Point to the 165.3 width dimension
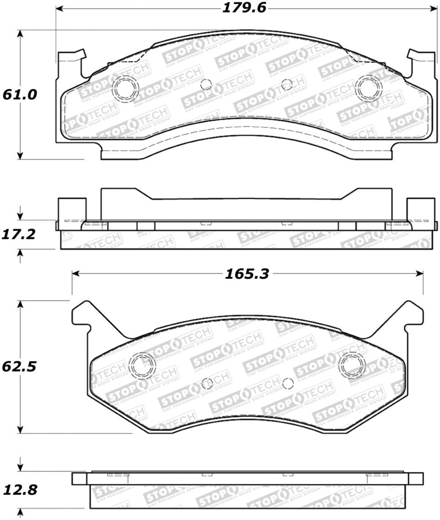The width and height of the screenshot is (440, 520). (x=246, y=273)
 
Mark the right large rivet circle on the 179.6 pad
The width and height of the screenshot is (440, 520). (x=367, y=88)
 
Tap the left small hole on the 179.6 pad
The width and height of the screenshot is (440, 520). (x=206, y=84)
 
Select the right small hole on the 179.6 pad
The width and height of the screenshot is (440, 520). (x=286, y=84)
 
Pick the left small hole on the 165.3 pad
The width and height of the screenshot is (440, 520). (x=207, y=384)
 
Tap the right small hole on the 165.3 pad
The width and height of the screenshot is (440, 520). (x=287, y=384)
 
